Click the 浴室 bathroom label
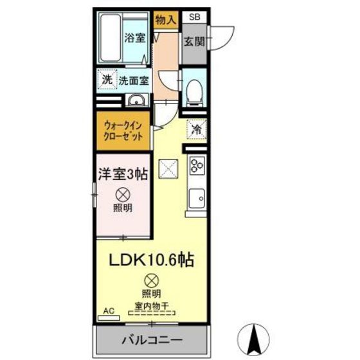[x=134, y=37]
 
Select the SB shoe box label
[x=193, y=17]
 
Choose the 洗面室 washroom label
[x=133, y=81]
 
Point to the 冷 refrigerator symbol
[x=195, y=129]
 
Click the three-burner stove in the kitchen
[x=195, y=166]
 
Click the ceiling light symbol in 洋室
[x=122, y=194]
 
